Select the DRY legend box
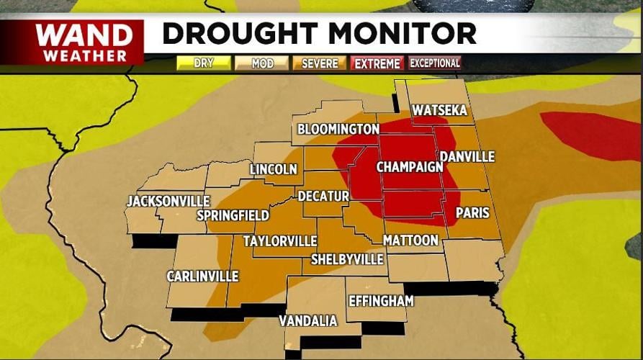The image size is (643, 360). (204, 63)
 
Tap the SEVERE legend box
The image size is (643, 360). (320, 63)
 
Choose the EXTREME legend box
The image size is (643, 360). (377, 63)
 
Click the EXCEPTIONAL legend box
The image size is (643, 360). (435, 63)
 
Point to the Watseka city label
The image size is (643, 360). (439, 111)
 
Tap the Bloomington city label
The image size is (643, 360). (338, 130)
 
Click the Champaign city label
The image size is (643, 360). (409, 167)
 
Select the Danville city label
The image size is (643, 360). (467, 156)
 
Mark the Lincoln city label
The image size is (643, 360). (273, 170)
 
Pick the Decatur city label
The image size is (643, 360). (323, 196)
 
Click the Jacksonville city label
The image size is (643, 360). (168, 202)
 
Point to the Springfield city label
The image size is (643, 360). (233, 215)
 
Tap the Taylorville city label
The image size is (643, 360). (279, 240)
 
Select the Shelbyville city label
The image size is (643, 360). (347, 259)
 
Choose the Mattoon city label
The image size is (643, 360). (410, 240)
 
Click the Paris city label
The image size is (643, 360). (472, 213)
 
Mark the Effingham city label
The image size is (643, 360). (381, 301)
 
